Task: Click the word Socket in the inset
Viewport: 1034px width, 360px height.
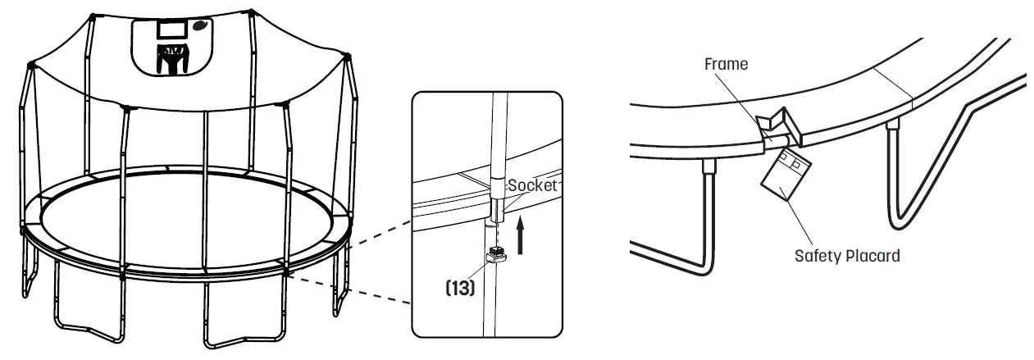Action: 533,185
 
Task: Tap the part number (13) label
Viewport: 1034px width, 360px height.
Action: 459,289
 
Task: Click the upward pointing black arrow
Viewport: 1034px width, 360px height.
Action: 520,234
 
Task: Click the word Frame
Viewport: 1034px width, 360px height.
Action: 726,64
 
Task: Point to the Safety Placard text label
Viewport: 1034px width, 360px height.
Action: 847,256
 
